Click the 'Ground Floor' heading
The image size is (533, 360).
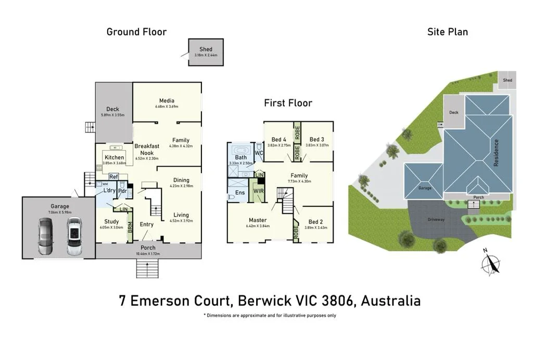point(136,32)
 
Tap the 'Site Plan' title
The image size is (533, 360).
point(447,32)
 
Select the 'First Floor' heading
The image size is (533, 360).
point(288,103)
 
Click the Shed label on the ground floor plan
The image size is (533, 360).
point(206,49)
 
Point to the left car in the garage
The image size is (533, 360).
point(45,236)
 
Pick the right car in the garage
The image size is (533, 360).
point(74,236)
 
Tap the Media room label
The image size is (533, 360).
point(167,101)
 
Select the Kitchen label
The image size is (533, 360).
point(115,157)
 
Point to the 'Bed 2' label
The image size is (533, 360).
point(315,222)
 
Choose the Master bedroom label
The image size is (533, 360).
point(257,220)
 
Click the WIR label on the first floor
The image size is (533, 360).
point(258,192)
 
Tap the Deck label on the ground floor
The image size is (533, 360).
point(112,109)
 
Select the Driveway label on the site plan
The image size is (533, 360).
point(436,220)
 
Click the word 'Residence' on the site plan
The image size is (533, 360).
point(496,153)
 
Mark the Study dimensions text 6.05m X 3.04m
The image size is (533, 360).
point(112,228)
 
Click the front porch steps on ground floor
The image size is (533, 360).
point(147,269)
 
